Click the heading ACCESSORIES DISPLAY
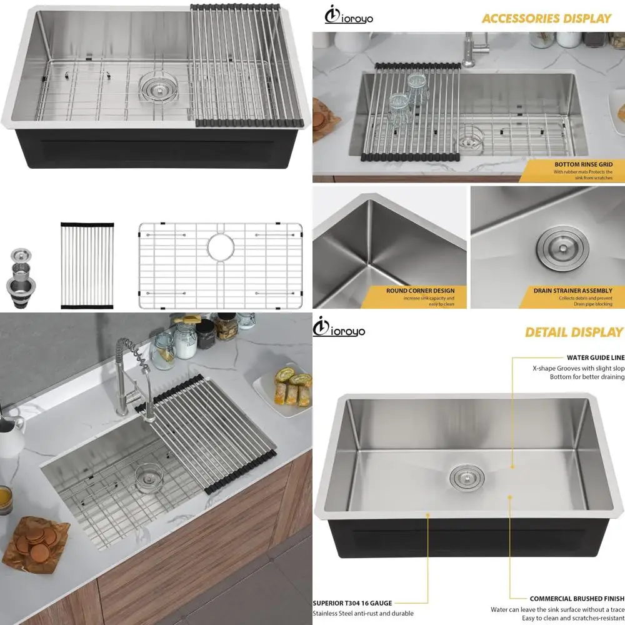pyautogui.click(x=546, y=18)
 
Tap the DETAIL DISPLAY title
pyautogui.click(x=574, y=332)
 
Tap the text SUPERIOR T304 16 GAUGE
pyautogui.click(x=352, y=603)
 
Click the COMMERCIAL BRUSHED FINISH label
pyautogui.click(x=577, y=599)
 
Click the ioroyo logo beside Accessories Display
pyautogui.click(x=349, y=14)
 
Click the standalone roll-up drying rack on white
pyautogui.click(x=87, y=265)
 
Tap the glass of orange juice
pyautogui.click(x=5, y=499)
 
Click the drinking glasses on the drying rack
pyautogui.click(x=406, y=97)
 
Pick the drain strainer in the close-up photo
pyautogui.click(x=561, y=246)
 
